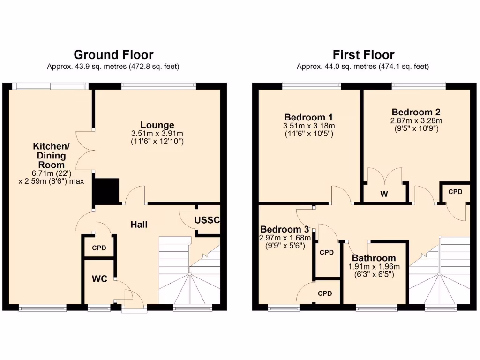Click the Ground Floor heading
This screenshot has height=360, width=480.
[113, 55]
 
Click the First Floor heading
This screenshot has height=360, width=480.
[363, 55]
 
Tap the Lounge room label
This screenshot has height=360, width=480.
[157, 125]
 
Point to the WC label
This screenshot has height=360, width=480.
[99, 279]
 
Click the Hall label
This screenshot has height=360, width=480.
[139, 225]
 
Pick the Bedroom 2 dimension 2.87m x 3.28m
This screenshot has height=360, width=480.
[416, 120]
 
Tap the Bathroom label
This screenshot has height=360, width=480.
[374, 258]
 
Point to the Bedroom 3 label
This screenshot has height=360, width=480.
[285, 229]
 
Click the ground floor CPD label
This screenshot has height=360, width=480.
[99, 248]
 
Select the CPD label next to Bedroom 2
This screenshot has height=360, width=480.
[455, 192]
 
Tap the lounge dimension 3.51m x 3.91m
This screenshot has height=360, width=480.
[157, 134]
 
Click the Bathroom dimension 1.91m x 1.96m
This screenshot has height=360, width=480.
[374, 267]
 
